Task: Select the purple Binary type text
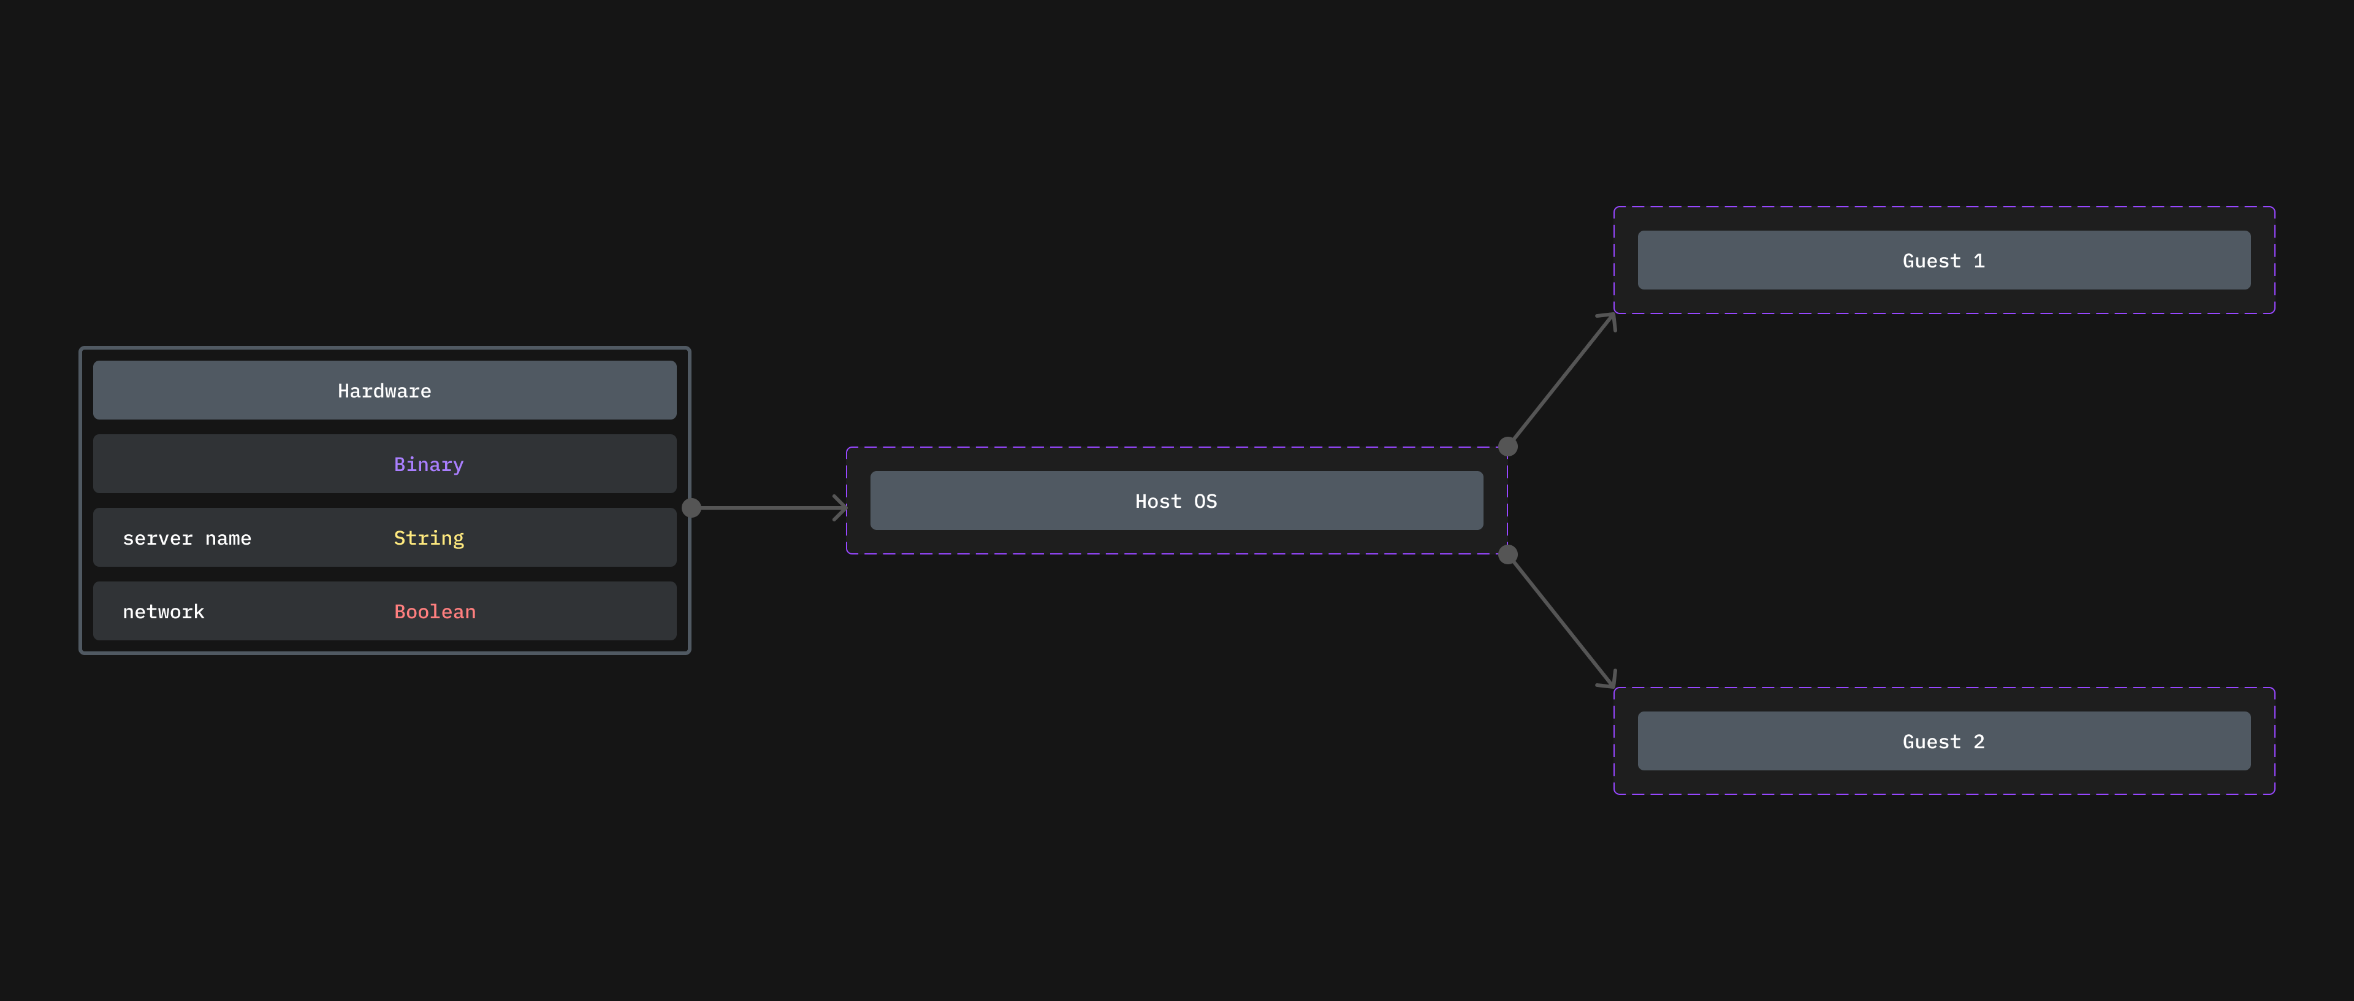[x=429, y=464]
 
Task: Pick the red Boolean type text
[x=435, y=612]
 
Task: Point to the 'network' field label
[x=164, y=612]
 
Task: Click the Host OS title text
[x=1176, y=501]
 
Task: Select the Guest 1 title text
[x=1944, y=261]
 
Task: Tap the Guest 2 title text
[x=1944, y=742]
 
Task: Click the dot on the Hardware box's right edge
[x=691, y=507]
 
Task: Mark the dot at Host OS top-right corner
[x=1508, y=446]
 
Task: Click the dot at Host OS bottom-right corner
[x=1508, y=554]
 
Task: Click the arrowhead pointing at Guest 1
[x=1610, y=318]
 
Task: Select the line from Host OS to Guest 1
[x=1561, y=380]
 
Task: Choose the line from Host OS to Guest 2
[x=1561, y=621]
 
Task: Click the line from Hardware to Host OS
[x=768, y=507]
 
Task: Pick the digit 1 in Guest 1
[x=1979, y=261]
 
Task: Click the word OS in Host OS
[x=1205, y=501]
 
